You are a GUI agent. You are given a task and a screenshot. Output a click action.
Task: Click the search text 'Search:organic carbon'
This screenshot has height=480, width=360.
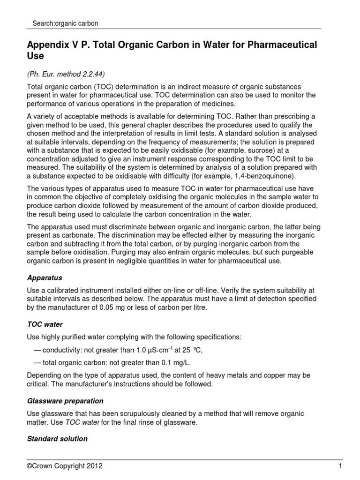coord(65,23)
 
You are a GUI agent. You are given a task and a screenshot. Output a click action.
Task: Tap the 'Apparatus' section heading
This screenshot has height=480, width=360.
coord(45,277)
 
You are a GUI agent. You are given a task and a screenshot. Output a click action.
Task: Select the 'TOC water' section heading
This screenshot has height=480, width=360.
coord(45,324)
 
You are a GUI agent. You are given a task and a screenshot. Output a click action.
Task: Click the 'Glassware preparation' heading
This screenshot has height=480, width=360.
coord(65,401)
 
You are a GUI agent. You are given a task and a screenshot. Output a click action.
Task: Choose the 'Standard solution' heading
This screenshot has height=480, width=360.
coord(57,439)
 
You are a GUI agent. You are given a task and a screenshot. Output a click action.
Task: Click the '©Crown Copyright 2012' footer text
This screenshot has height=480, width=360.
coord(65,466)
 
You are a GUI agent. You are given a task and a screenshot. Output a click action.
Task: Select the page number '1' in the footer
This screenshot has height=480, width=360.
coord(340,466)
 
